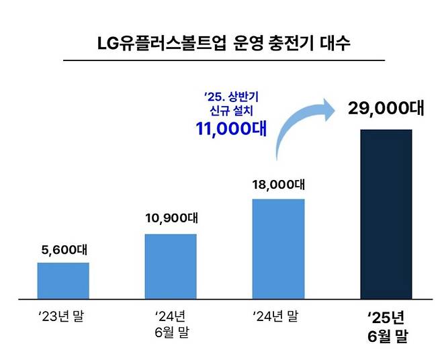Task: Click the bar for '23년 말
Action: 63,280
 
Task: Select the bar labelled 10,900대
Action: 171,266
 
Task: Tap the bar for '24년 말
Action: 278,249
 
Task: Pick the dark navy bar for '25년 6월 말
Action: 386,214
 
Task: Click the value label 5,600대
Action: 63,251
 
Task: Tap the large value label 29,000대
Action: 386,109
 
